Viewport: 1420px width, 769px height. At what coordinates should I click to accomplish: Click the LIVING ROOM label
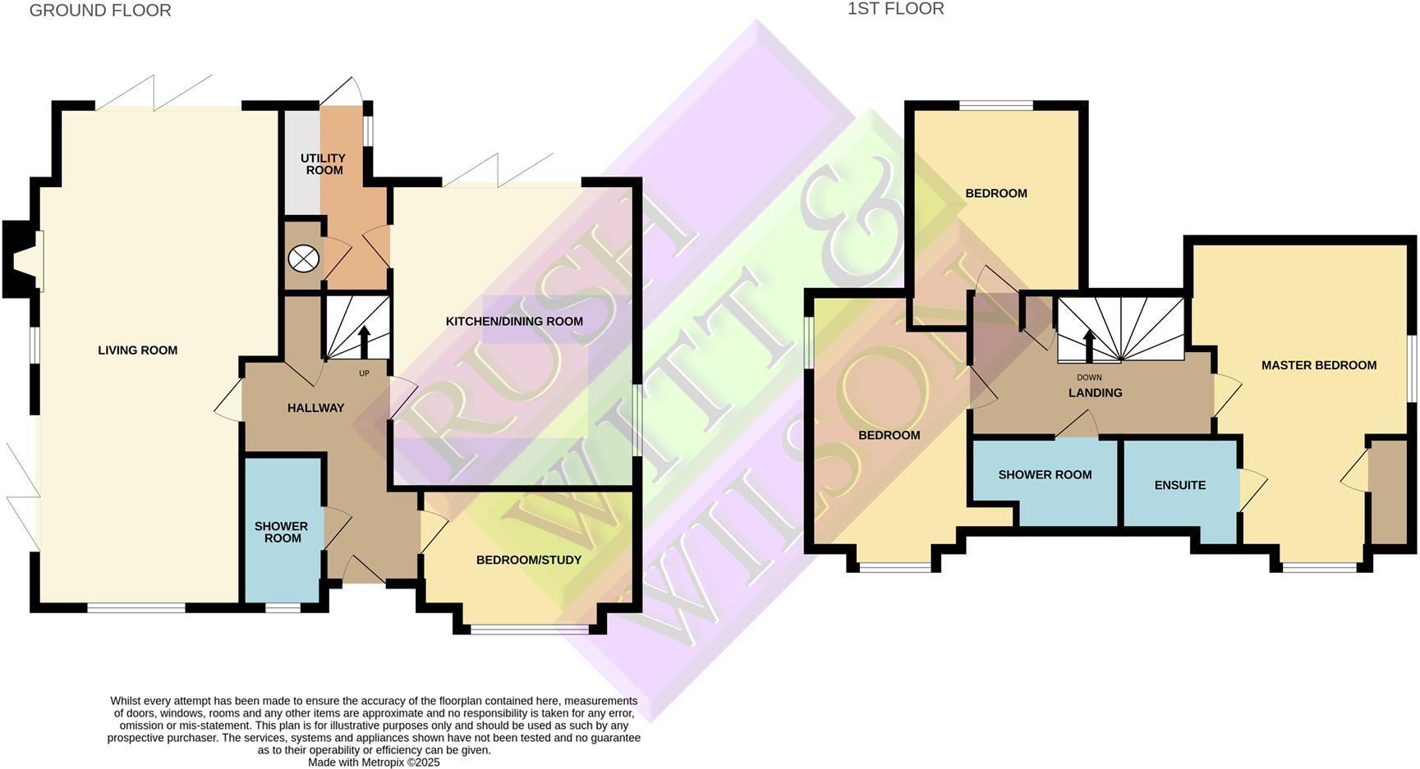137,350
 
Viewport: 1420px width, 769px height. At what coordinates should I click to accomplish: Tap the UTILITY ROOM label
324,164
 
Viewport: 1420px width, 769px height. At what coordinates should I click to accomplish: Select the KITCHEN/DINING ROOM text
514,322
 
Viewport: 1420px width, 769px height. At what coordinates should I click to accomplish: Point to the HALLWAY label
315,408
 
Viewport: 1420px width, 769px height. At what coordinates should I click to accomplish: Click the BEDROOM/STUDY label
529,561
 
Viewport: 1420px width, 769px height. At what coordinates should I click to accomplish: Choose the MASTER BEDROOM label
1318,365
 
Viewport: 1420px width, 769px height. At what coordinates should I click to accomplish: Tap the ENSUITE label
1179,485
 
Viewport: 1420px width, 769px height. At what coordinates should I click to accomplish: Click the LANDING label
1095,393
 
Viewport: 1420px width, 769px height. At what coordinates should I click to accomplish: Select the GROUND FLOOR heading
100,11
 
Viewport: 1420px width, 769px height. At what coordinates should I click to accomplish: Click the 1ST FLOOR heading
895,9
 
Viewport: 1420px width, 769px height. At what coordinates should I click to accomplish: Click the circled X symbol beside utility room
303,259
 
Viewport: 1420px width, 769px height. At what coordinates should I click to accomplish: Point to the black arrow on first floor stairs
1089,345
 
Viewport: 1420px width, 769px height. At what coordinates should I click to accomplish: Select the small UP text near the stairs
364,373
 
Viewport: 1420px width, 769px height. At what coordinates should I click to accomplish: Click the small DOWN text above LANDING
1089,378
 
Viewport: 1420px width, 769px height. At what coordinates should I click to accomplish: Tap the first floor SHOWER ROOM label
1045,474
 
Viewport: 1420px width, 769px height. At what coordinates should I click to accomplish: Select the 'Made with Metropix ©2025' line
374,762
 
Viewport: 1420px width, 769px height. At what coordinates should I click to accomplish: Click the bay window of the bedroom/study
530,629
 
